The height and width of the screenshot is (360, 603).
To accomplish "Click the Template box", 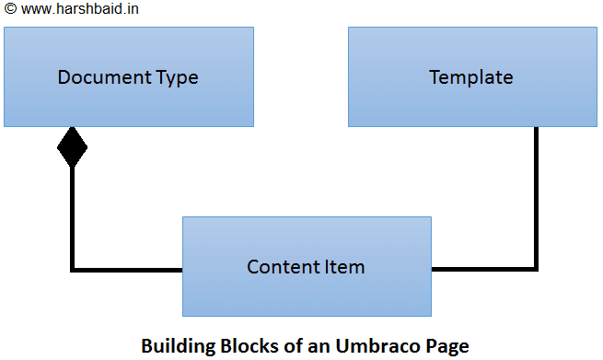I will click(472, 77).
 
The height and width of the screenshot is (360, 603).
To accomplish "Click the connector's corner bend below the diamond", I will click(73, 269).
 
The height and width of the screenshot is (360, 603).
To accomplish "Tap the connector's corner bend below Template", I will click(536, 269).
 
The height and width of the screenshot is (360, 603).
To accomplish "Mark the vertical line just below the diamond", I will click(72, 216).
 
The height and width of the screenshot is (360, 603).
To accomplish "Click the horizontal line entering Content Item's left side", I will click(129, 269).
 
